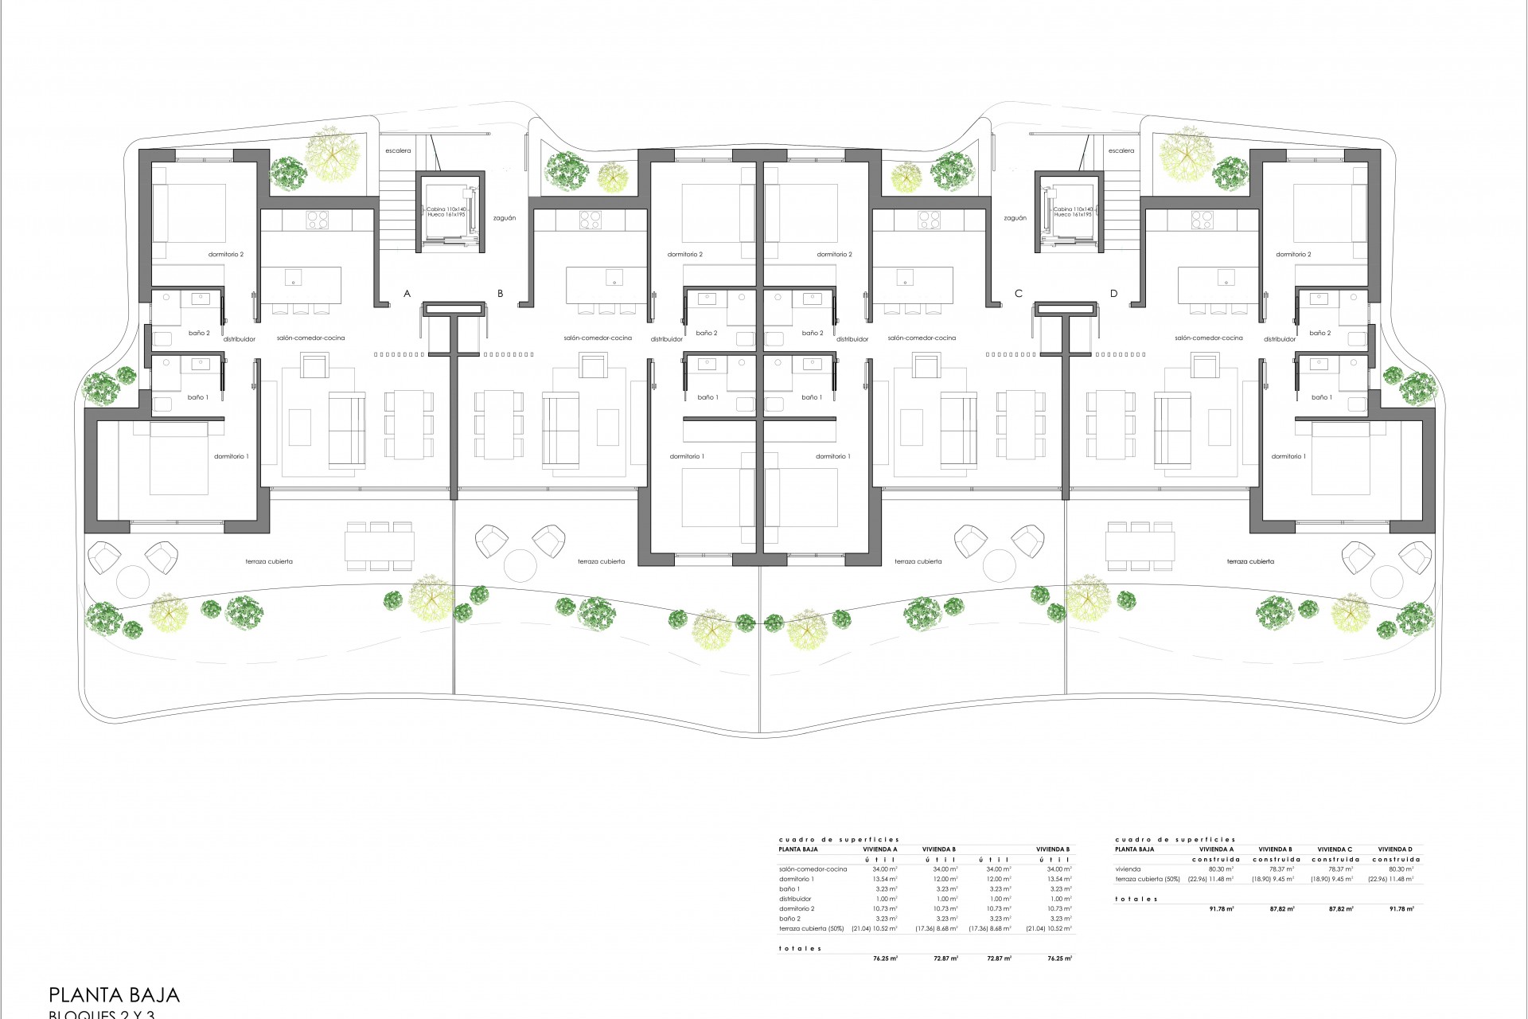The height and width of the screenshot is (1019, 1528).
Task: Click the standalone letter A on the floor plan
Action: pyautogui.click(x=407, y=294)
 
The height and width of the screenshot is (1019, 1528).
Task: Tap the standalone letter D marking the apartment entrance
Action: pyautogui.click(x=1113, y=294)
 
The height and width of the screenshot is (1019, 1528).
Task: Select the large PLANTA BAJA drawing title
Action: pyautogui.click(x=115, y=994)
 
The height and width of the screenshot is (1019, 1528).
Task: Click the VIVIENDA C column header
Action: pyautogui.click(x=1335, y=849)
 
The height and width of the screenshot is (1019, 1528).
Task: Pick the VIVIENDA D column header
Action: pyautogui.click(x=1395, y=849)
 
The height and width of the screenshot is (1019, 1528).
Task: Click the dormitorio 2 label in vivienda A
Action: pyautogui.click(x=226, y=255)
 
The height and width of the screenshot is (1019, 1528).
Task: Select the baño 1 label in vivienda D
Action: pyautogui.click(x=1321, y=397)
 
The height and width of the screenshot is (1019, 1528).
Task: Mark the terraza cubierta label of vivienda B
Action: pyautogui.click(x=601, y=561)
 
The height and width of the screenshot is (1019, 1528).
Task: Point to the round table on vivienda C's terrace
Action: pyautogui.click(x=1000, y=565)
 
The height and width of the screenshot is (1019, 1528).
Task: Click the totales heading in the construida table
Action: pyautogui.click(x=1136, y=899)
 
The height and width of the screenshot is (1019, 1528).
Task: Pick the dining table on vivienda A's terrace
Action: pyautogui.click(x=380, y=545)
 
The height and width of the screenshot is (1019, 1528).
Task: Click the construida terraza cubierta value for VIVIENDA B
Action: pyautogui.click(x=1275, y=879)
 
